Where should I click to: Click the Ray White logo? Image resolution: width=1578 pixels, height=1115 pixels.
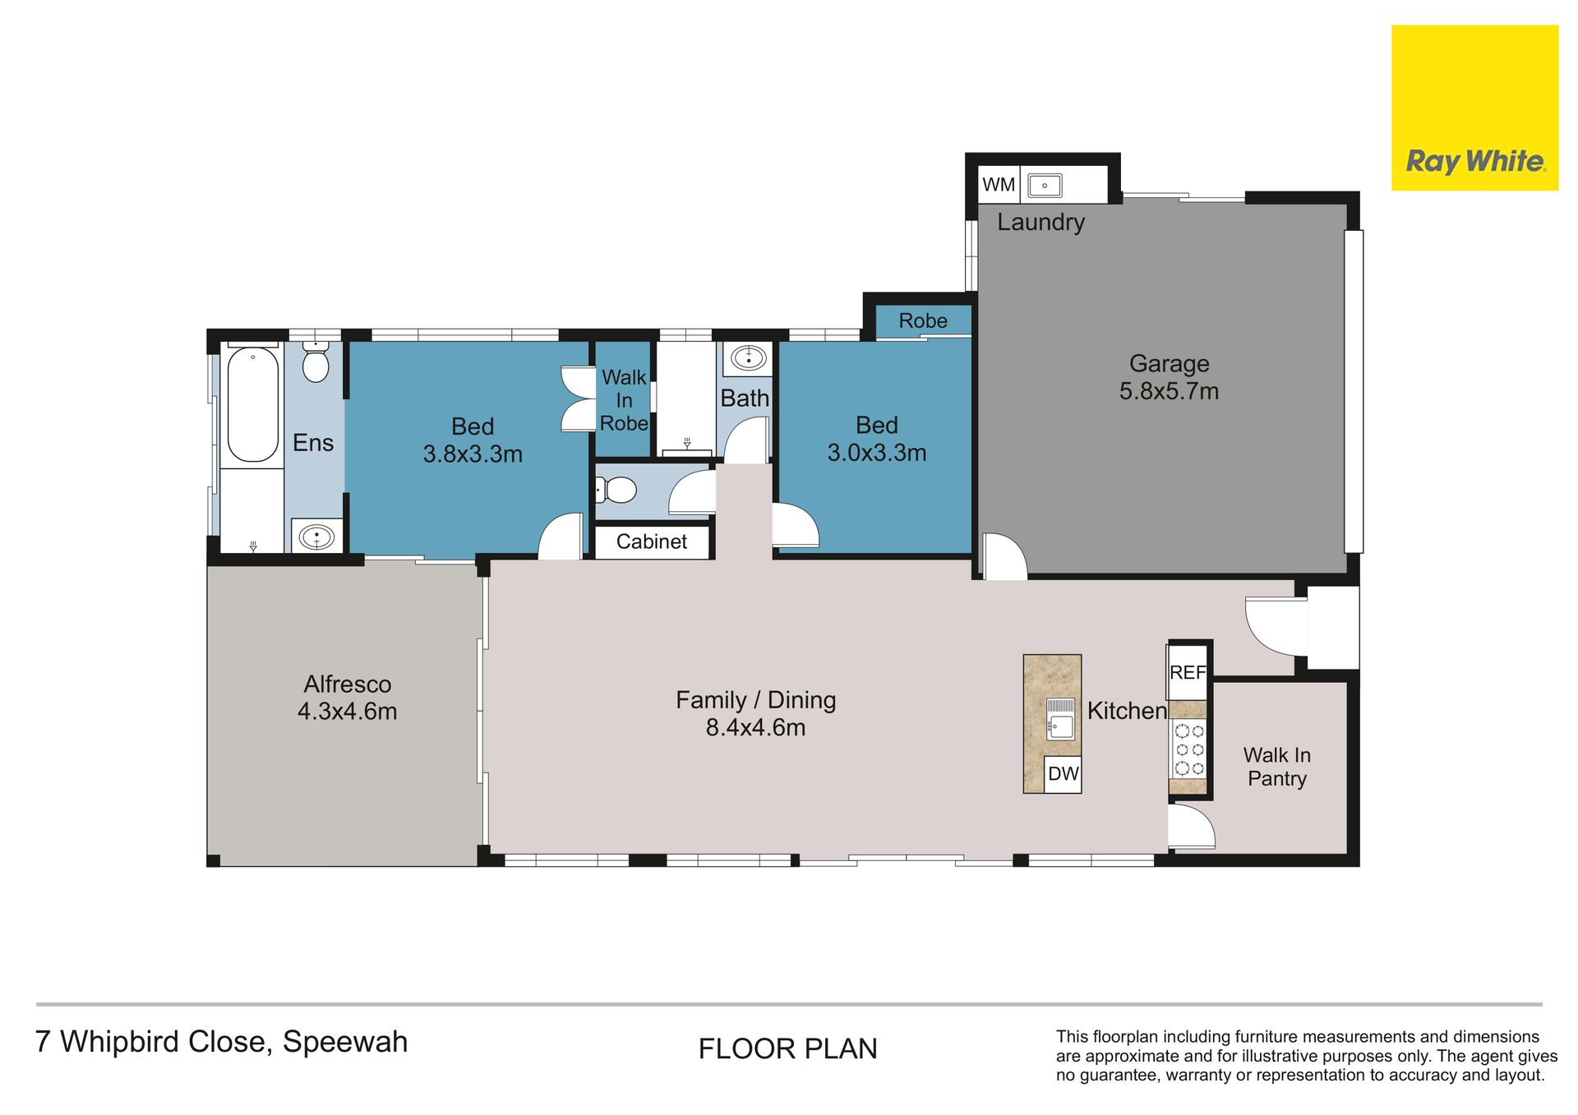[1474, 108]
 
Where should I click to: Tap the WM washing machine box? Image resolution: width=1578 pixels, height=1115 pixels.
[999, 185]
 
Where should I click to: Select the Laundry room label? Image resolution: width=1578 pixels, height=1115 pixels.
[1040, 222]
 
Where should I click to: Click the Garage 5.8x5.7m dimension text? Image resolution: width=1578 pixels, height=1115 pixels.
[1169, 391]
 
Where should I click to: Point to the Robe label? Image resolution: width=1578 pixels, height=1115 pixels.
[923, 320]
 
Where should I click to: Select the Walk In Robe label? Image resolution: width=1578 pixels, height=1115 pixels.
[625, 400]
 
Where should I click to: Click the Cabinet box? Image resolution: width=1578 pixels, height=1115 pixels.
[652, 541]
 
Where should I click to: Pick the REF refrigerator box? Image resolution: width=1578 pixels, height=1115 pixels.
[1188, 672]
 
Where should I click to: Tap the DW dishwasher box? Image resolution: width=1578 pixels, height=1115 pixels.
[1063, 774]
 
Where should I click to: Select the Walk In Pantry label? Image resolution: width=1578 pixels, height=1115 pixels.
[1276, 767]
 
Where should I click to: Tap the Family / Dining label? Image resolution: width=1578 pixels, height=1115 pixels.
[756, 700]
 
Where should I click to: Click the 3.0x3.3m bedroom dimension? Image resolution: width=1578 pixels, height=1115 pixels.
[877, 453]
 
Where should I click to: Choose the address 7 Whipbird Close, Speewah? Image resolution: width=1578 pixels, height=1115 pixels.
[222, 1042]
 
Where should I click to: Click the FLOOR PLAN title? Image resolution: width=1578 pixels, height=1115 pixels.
[788, 1049]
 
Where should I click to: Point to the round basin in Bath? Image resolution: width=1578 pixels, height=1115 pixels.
[749, 358]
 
